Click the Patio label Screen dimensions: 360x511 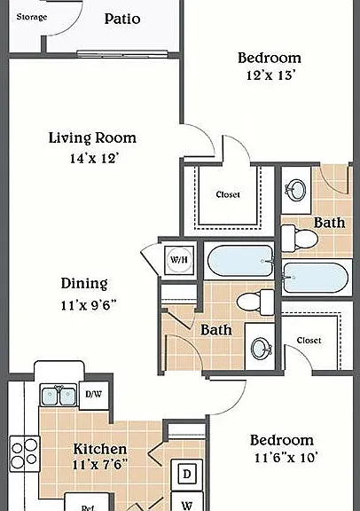tap(122, 19)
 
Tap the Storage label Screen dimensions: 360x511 tap(32, 17)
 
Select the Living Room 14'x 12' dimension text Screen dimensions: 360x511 tap(94, 159)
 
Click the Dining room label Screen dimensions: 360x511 tap(84, 283)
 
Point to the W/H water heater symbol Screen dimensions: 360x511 tap(179, 260)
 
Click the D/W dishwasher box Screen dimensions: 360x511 tap(94, 395)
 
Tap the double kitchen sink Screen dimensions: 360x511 tap(59, 395)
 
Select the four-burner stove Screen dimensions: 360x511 tap(25, 453)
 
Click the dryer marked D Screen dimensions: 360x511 tap(187, 474)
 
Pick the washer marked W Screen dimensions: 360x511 tap(187, 502)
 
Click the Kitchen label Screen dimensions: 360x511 tap(99, 449)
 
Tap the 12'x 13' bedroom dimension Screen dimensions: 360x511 tap(270, 75)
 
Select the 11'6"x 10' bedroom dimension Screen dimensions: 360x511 tap(286, 458)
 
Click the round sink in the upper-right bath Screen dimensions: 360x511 tap(296, 189)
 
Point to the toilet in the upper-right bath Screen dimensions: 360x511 tap(300, 238)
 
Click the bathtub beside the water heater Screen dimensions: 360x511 tap(239, 261)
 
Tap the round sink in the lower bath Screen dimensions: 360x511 tap(261, 349)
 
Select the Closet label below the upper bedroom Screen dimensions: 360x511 tap(228, 194)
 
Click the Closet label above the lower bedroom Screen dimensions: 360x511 tap(309, 341)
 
